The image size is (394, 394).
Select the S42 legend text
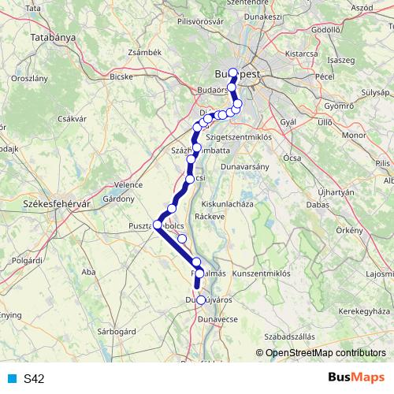click(34, 379)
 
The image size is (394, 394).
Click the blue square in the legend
click(12, 379)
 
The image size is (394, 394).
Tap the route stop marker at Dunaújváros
click(200, 299)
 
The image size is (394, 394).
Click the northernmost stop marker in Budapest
click(232, 72)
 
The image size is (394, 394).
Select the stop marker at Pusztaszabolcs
click(157, 225)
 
